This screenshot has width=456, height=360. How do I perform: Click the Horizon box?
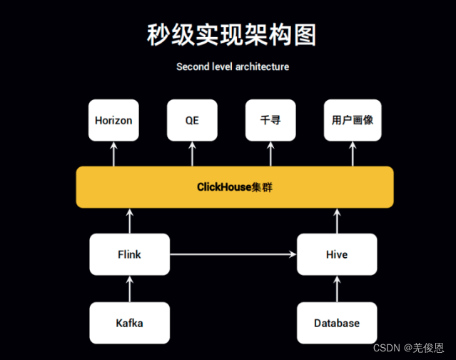pyautogui.click(x=113, y=120)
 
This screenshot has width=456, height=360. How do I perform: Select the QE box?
pyautogui.click(x=192, y=120)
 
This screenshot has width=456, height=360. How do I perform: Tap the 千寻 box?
pyautogui.click(x=270, y=120)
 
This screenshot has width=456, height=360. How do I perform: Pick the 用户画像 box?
pyautogui.click(x=352, y=120)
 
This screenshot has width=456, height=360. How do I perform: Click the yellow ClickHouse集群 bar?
pyautogui.click(x=235, y=187)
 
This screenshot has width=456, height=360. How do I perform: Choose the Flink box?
pyautogui.click(x=129, y=254)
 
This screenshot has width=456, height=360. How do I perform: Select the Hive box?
pyautogui.click(x=337, y=254)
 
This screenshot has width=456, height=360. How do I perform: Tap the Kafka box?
pyautogui.click(x=129, y=323)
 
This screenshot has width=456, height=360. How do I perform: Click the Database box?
pyautogui.click(x=337, y=323)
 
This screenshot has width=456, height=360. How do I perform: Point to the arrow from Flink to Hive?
pyautogui.click(x=233, y=254)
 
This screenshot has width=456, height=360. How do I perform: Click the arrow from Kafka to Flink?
pyautogui.click(x=130, y=289)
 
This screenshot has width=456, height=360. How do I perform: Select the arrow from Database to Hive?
pyautogui.click(x=337, y=289)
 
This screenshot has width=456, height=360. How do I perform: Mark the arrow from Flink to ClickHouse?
pyautogui.click(x=130, y=221)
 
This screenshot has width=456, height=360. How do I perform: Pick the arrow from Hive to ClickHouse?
pyautogui.click(x=337, y=221)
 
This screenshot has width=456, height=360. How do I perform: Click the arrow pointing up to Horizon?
pyautogui.click(x=113, y=154)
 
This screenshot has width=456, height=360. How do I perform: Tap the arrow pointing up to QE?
pyautogui.click(x=192, y=154)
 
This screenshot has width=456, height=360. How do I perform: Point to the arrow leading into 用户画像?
pyautogui.click(x=352, y=154)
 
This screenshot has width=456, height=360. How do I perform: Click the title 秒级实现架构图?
pyautogui.click(x=231, y=35)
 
